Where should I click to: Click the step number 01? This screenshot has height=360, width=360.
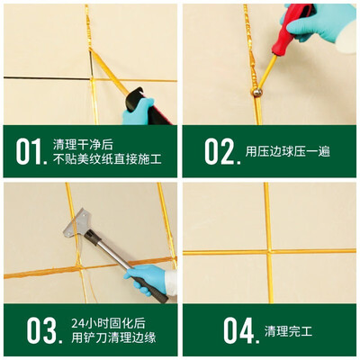click(31, 152)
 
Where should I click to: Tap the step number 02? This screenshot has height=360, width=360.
click(222, 151)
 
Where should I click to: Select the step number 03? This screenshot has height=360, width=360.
click(44, 330)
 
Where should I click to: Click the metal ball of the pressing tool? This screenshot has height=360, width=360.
click(257, 92)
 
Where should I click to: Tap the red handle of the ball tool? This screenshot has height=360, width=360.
click(289, 30)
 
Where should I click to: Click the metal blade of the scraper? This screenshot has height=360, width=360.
click(77, 223)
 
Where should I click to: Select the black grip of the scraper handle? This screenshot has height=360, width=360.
click(152, 291)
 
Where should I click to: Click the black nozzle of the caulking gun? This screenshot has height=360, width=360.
click(136, 99)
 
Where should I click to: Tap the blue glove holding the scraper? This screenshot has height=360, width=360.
click(147, 278)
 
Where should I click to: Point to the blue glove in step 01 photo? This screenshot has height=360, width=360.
click(138, 112)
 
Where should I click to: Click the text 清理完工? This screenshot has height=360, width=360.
click(288, 331)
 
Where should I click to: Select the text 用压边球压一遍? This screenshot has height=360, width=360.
click(288, 151)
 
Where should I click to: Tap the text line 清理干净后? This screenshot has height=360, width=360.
click(83, 145)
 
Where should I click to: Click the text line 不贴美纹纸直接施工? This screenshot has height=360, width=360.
click(107, 159)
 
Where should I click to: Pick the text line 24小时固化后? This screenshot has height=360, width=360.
click(108, 323)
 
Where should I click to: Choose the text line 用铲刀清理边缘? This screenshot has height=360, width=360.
click(113, 337)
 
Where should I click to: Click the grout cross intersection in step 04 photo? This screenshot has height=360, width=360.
click(268, 251)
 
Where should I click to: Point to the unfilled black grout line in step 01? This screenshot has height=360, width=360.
click(47, 78)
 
